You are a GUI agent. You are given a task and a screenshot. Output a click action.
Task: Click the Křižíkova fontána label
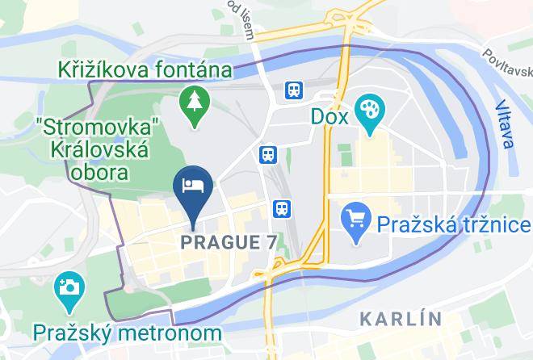pos(145,70)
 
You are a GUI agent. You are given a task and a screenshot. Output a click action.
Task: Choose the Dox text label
pos(329,116)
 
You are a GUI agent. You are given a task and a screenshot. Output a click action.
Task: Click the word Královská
pos(99,151)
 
